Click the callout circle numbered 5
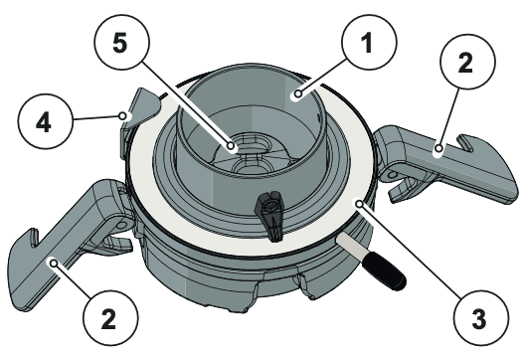(121, 42)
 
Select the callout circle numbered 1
(369, 42)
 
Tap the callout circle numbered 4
(45, 121)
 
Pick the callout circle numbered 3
(480, 318)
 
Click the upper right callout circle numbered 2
(467, 62)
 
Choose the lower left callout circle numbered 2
(110, 318)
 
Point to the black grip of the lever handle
(384, 271)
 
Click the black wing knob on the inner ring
(269, 215)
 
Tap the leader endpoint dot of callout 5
(231, 146)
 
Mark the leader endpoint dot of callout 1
(298, 94)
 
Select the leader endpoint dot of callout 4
(123, 116)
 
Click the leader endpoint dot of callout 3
(360, 204)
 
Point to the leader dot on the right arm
(439, 148)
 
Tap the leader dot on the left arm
(53, 264)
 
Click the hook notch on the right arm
(464, 143)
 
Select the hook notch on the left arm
(33, 238)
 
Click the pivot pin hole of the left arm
(123, 225)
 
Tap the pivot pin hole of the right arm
(392, 175)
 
